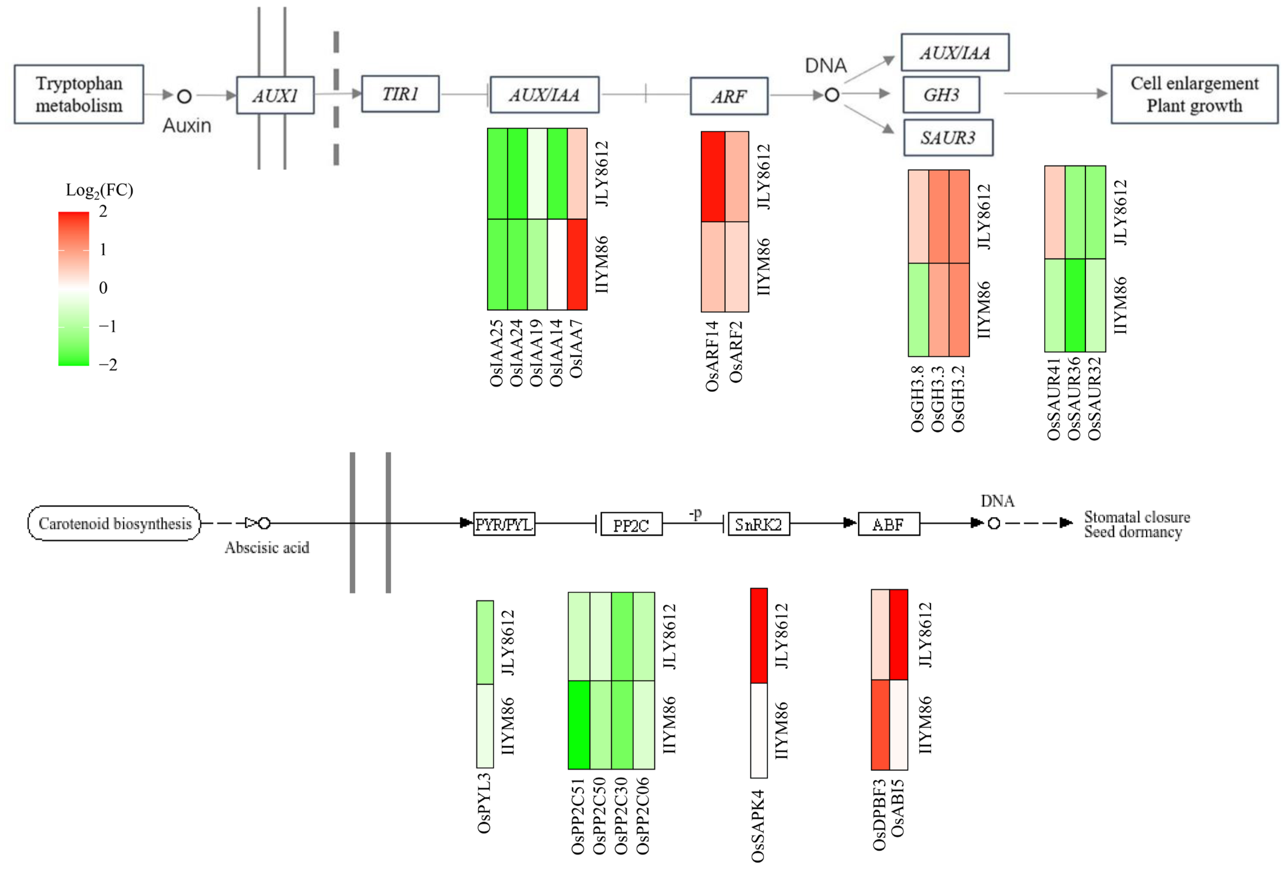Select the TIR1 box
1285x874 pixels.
point(400,94)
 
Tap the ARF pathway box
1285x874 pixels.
point(729,96)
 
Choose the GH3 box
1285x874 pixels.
point(941,95)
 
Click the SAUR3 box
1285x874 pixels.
point(948,138)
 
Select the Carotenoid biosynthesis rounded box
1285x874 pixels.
point(115,523)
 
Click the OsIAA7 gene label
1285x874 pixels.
point(576,349)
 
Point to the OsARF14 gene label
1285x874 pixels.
point(712,357)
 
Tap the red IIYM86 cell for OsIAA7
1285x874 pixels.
point(577,264)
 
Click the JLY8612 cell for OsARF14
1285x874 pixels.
point(713,177)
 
